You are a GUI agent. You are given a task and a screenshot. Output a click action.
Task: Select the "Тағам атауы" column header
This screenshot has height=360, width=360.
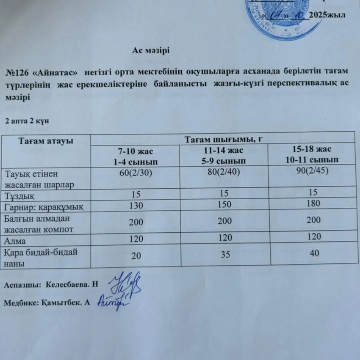46,140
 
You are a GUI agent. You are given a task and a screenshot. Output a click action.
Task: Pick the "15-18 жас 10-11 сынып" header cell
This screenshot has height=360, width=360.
312,154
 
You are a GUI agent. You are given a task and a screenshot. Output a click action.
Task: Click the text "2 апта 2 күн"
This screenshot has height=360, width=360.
27,121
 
